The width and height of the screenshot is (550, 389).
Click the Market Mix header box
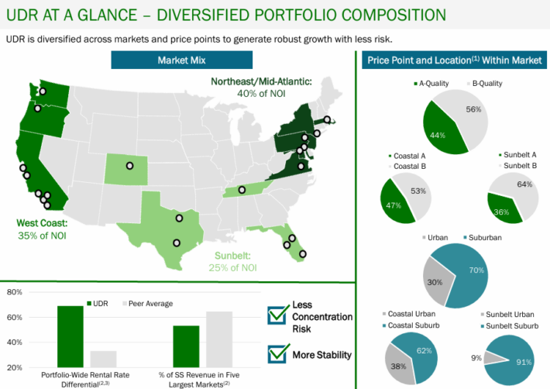(181, 60)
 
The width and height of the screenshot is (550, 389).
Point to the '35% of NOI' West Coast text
(41, 236)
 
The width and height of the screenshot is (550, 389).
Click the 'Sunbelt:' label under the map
(232, 255)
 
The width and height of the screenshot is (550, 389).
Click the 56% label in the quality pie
(474, 109)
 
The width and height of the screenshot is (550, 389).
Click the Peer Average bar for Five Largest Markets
(218, 339)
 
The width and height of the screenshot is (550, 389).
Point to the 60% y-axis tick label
(12, 318)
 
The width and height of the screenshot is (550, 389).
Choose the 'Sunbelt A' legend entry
(517, 154)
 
